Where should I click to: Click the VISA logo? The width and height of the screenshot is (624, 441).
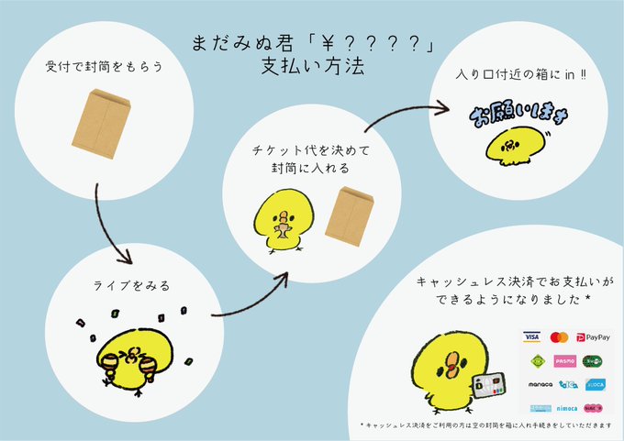click(x=531, y=337)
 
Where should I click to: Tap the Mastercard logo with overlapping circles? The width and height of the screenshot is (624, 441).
click(x=560, y=337)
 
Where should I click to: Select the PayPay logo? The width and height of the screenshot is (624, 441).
click(x=596, y=337)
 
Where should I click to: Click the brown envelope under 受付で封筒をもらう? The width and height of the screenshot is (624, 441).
click(x=97, y=122)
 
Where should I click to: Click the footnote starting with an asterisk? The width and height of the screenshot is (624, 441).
click(x=485, y=426)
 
